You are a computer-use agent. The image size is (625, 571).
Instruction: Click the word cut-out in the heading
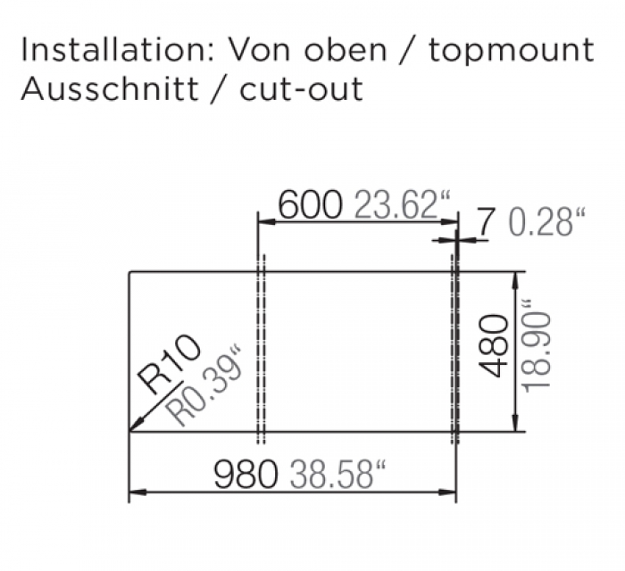pyautogui.click(x=304, y=90)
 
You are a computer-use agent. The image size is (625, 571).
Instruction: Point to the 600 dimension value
pyautogui.click(x=310, y=206)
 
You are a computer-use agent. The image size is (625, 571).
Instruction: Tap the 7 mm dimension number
pyautogui.click(x=484, y=222)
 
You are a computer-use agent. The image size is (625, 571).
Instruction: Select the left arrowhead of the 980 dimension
pyautogui.click(x=136, y=492)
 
